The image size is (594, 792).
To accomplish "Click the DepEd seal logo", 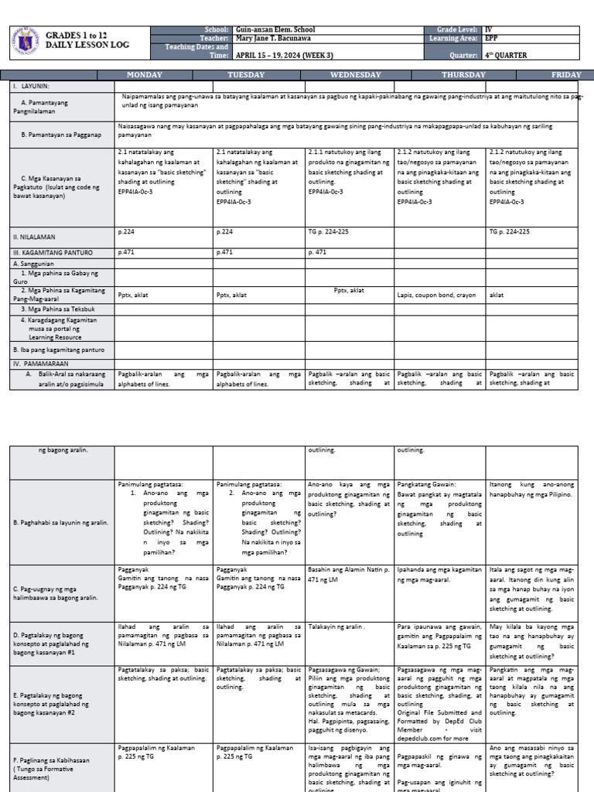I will click(x=28, y=45).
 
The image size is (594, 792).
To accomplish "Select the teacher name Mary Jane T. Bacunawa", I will click(x=274, y=38).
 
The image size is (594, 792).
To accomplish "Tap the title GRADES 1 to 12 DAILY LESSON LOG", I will click(x=87, y=41).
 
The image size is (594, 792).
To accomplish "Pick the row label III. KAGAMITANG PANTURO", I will click(x=50, y=251).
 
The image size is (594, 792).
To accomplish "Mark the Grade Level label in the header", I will click(x=456, y=29).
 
